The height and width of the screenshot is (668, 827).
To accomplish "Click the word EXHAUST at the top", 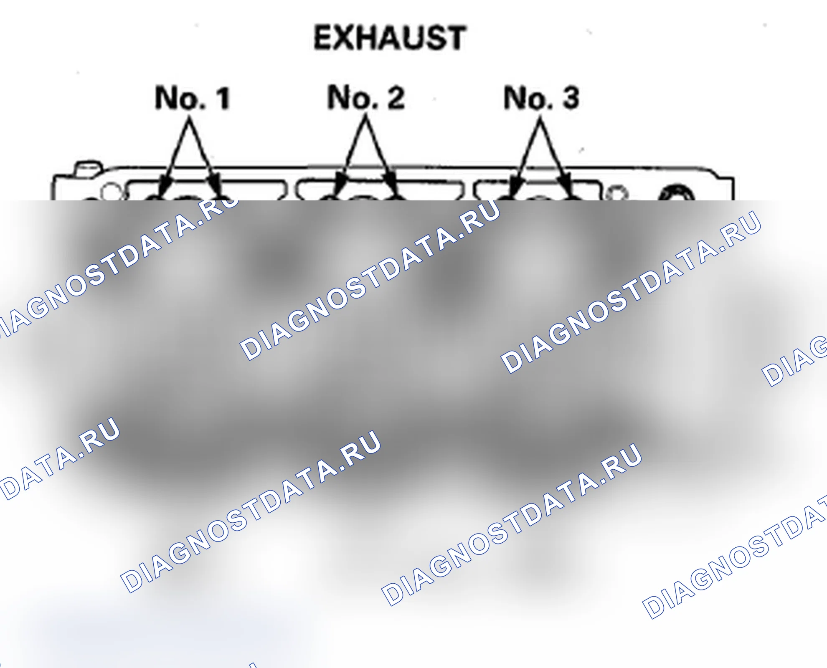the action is point(390,38).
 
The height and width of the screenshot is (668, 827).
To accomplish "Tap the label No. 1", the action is point(193,98).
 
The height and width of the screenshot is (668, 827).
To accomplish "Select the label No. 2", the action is point(366,97).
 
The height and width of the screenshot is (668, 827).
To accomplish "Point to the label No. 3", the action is point(542,97).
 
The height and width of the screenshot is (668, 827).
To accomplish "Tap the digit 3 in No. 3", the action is point(571,97).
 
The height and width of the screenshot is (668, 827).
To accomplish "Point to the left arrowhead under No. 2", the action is point(340,186).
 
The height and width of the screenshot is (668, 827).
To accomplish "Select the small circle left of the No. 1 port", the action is point(109,192).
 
